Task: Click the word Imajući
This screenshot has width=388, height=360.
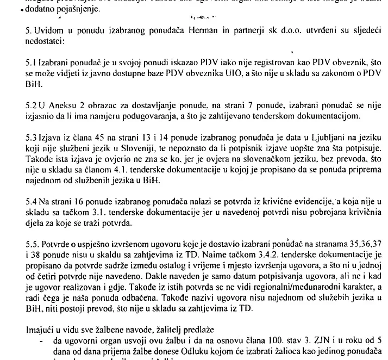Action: click(39, 330)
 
